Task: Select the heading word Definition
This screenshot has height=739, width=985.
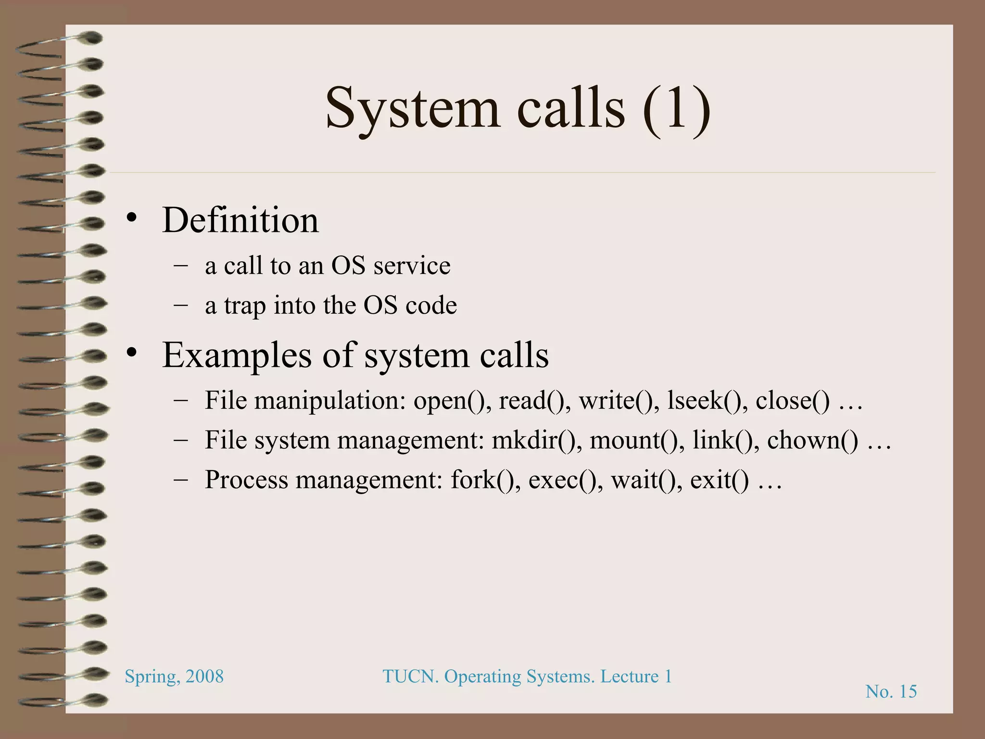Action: click(240, 220)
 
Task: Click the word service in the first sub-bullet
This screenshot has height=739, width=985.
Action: click(412, 266)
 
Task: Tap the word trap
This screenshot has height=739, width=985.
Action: click(245, 306)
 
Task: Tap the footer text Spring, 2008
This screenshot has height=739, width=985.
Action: click(174, 677)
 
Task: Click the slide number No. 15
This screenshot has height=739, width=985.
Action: click(891, 692)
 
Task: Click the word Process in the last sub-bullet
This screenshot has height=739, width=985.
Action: click(246, 480)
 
